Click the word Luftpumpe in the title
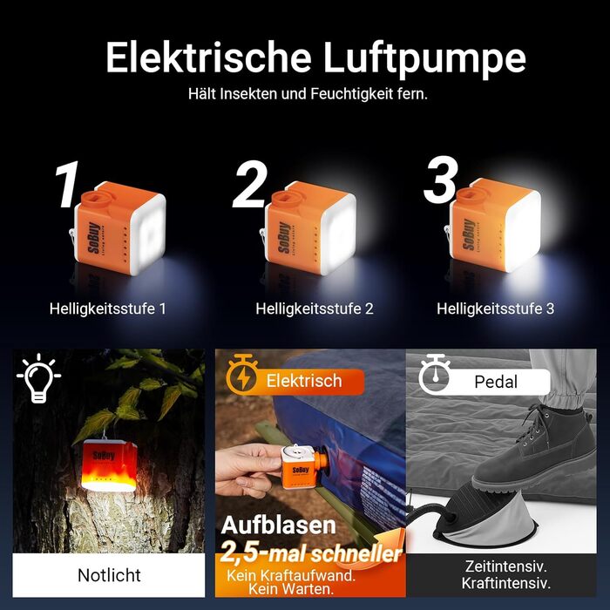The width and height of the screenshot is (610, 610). click(x=424, y=58)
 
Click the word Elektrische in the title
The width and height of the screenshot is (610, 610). click(x=208, y=58)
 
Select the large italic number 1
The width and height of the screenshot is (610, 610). click(x=67, y=185)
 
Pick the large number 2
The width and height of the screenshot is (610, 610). click(x=251, y=184)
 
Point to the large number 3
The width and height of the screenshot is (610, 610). click(x=440, y=180)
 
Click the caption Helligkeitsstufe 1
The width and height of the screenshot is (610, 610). click(x=108, y=308)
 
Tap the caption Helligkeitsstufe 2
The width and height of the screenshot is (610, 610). click(x=315, y=308)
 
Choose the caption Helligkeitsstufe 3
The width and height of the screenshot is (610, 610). click(x=495, y=308)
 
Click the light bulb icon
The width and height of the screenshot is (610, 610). click(x=39, y=377)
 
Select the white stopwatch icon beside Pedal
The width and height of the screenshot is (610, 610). click(x=434, y=374)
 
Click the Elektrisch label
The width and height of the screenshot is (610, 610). click(x=304, y=381)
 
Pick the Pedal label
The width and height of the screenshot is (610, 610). click(x=496, y=382)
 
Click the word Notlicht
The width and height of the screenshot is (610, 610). click(x=109, y=575)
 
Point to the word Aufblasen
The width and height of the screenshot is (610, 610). click(x=279, y=525)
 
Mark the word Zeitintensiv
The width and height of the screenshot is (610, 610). click(x=505, y=566)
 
